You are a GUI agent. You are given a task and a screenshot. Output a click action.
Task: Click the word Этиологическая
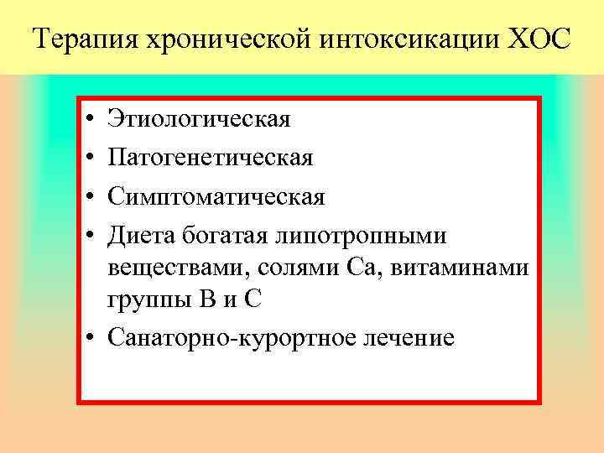click(x=200, y=119)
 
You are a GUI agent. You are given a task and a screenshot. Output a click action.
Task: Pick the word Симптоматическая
click(x=216, y=197)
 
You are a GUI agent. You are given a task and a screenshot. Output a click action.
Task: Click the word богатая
click(x=221, y=237)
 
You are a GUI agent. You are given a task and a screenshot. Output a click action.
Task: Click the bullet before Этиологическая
click(x=88, y=119)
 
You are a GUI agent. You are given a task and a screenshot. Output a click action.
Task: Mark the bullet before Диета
click(x=88, y=237)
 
